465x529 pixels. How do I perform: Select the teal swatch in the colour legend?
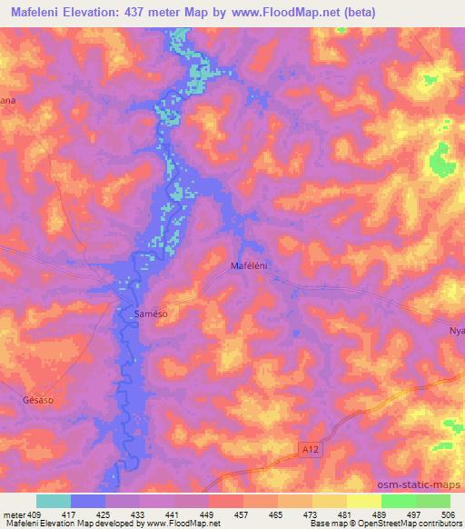pos(54,501)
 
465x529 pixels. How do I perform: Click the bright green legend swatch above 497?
pos(399,501)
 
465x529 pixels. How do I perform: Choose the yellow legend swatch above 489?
pos(364,501)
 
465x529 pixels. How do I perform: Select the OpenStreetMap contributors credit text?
pos(418,523)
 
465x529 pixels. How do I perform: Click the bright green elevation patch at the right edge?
pos(442,161)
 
